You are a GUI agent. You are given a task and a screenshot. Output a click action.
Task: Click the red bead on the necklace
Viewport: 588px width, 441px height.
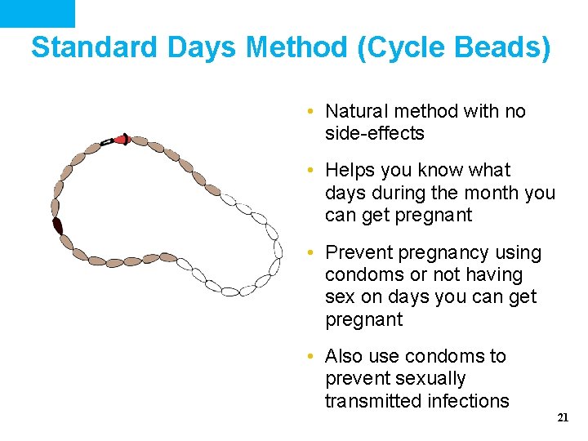point(122,140)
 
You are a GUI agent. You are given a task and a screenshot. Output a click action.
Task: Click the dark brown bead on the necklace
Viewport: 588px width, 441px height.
point(58,225)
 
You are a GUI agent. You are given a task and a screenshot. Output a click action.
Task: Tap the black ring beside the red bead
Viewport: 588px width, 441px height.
point(107,142)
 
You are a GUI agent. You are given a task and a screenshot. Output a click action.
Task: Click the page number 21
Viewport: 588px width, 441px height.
point(562,417)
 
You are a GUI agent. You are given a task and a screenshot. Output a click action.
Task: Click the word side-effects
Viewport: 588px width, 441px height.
point(375,133)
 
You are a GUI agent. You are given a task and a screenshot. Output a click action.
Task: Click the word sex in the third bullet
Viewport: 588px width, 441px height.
point(339,297)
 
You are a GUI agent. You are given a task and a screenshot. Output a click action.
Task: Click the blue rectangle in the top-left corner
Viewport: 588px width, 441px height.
point(37,13)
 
